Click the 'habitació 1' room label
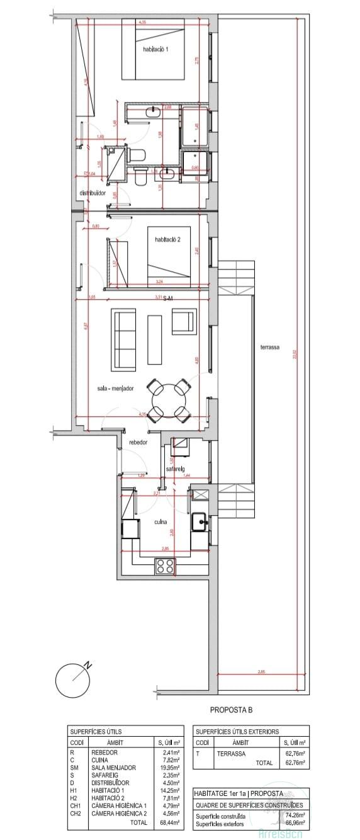[155, 49]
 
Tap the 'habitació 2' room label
[167, 239]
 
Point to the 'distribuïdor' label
[93, 193]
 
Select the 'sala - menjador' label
[116, 389]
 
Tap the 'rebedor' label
[138, 443]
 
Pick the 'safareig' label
[175, 469]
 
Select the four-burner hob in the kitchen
[165, 567]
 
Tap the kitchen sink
[200, 521]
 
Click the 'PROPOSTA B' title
[231, 710]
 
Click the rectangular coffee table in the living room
[155, 339]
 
